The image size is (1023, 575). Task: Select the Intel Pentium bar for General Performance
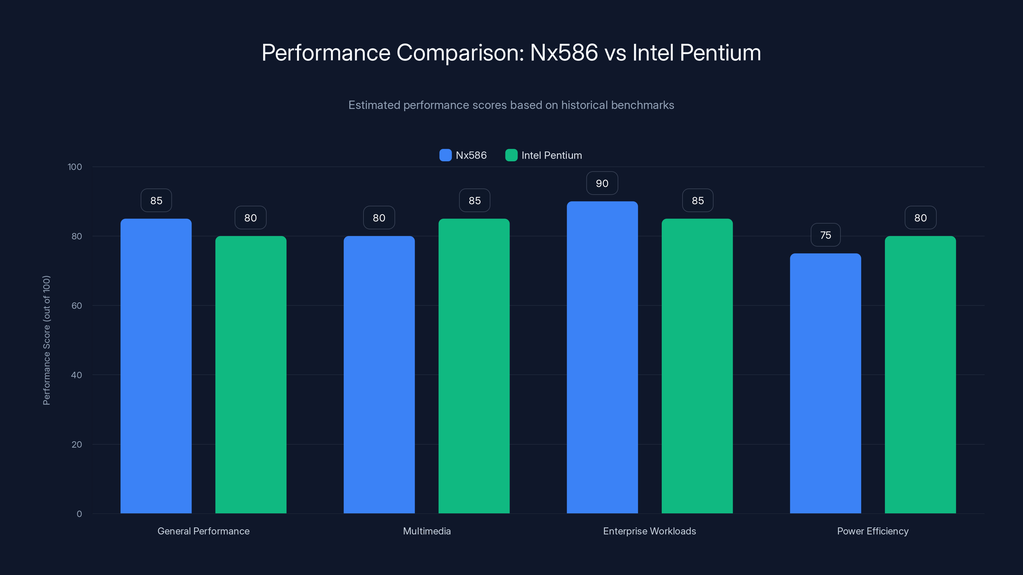251,375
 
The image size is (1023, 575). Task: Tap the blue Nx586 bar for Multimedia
379,375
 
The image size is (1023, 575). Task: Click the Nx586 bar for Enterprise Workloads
602,357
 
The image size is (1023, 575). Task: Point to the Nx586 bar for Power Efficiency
825,383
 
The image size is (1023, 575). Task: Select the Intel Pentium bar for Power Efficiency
920,375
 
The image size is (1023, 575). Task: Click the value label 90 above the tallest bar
602,183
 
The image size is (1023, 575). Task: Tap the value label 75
825,235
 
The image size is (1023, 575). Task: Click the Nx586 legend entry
463,155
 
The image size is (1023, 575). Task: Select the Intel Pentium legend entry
544,155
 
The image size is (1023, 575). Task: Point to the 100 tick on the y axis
75,167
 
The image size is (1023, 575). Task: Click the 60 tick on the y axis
77,306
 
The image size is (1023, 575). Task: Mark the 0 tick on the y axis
79,514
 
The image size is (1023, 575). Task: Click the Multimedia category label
426,531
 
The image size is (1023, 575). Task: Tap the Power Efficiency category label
872,531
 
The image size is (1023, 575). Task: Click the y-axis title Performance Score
46,340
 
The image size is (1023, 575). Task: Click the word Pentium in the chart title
720,53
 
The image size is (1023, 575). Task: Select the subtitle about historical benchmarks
511,105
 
